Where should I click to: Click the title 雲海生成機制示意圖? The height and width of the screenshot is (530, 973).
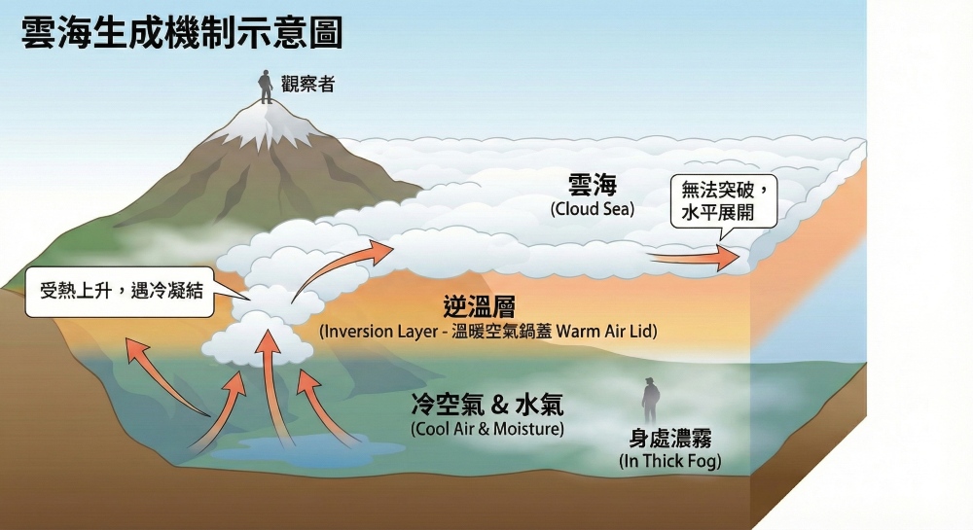pyautogui.click(x=182, y=32)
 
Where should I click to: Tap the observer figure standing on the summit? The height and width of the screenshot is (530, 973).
pyautogui.click(x=265, y=86)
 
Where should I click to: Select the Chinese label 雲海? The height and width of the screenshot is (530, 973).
pyautogui.click(x=593, y=185)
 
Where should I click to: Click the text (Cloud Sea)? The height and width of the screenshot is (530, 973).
pyautogui.click(x=592, y=208)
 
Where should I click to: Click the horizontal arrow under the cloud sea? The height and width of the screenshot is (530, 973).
pyautogui.click(x=695, y=258)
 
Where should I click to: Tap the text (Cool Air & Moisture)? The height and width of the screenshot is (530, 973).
pyautogui.click(x=487, y=428)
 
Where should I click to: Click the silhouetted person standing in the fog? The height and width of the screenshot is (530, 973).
pyautogui.click(x=650, y=401)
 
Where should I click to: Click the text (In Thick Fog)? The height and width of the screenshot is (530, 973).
pyautogui.click(x=670, y=460)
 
